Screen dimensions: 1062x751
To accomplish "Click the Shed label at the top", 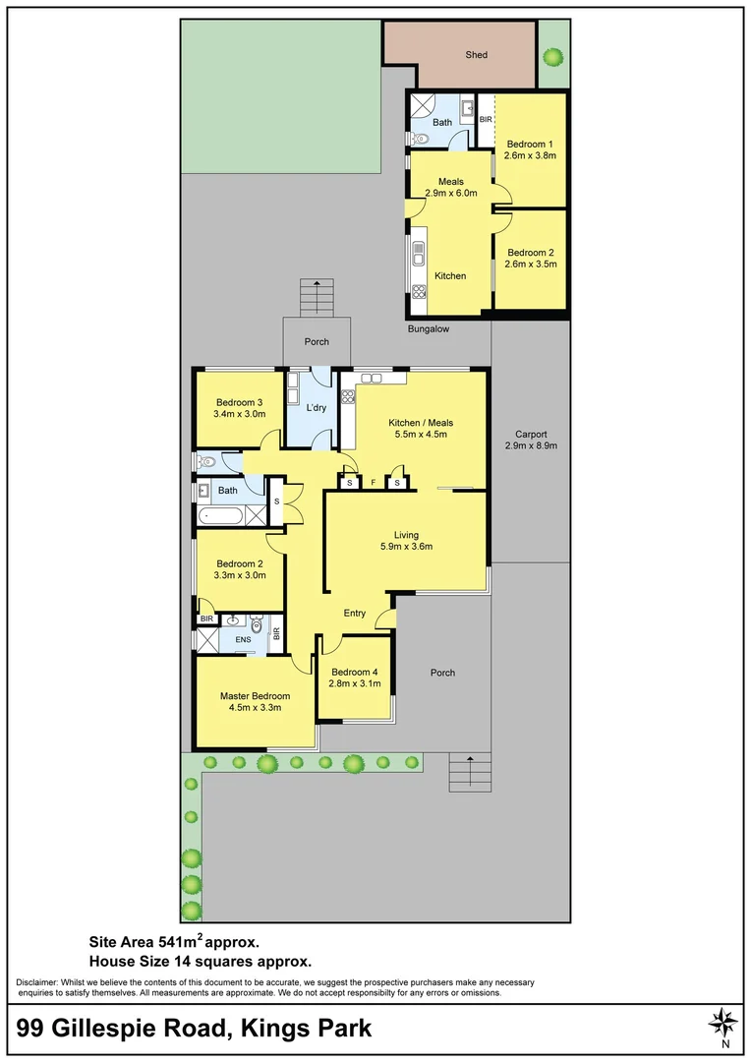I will tap(476, 55).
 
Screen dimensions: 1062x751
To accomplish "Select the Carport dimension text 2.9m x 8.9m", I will tap(530, 445).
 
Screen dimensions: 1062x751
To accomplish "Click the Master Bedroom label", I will tap(255, 696).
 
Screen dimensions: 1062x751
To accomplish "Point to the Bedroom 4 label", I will tap(354, 673).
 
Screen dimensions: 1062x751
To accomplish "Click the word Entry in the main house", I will tap(354, 614).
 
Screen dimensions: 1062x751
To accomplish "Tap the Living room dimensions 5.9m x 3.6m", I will tap(406, 548).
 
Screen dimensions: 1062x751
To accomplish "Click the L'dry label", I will tap(316, 407).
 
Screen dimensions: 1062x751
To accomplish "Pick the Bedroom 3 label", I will tap(239, 402).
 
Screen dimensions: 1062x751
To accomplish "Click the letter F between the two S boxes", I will tap(374, 483).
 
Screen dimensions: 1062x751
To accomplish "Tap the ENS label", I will tap(243, 639).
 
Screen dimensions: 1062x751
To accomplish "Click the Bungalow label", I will tap(429, 329).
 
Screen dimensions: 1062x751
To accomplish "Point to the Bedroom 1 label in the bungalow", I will tap(530, 143).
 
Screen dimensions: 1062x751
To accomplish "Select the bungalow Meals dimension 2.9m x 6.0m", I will tap(450, 194).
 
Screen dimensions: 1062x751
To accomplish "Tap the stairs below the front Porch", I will tap(470, 772).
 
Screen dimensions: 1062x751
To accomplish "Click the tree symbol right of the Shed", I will tap(553, 57).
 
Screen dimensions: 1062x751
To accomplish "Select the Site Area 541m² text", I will tap(174, 941).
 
